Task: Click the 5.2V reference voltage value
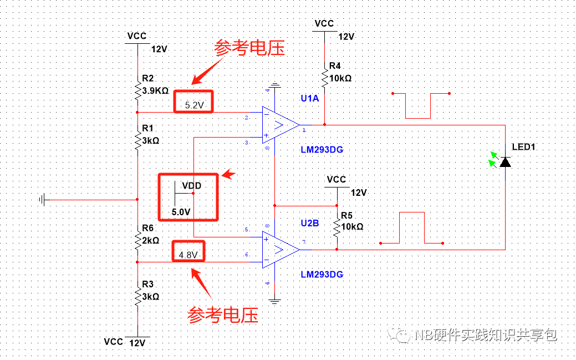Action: (x=193, y=104)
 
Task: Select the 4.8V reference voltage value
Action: (x=188, y=255)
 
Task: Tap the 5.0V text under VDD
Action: (x=181, y=212)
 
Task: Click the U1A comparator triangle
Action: (x=280, y=125)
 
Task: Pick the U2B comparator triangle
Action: (x=280, y=249)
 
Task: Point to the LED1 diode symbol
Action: (x=505, y=161)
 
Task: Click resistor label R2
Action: (x=147, y=78)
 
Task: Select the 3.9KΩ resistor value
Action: (x=155, y=90)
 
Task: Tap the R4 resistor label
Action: (x=335, y=66)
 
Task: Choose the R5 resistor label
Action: (x=346, y=215)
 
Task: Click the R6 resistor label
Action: (x=147, y=228)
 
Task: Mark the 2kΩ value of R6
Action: (x=151, y=240)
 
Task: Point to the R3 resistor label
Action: (x=147, y=284)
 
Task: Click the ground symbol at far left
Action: (x=43, y=199)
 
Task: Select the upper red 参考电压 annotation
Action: (x=249, y=48)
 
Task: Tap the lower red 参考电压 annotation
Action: (x=223, y=315)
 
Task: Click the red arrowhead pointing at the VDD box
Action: (x=228, y=175)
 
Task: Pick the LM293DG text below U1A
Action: (x=322, y=150)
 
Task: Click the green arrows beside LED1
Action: (x=492, y=159)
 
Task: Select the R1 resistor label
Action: (x=147, y=128)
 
